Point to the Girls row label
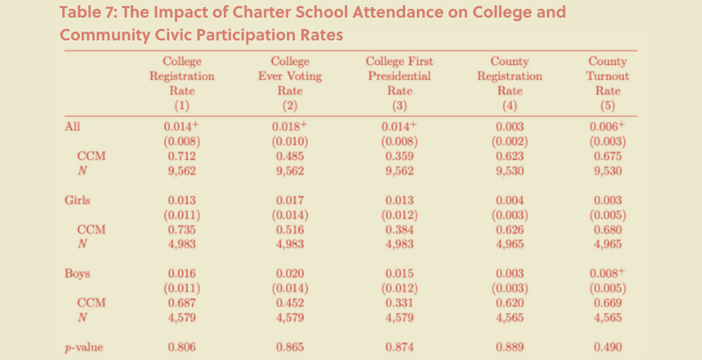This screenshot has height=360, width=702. pos(77,200)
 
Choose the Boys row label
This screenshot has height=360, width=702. pos(77,273)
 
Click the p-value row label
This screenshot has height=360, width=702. pos(83,348)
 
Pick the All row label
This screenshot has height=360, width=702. pos(72,126)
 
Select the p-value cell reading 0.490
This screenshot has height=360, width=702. pos(607,347)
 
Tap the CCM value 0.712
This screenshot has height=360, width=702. pos(182,156)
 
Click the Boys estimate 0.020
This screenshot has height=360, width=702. pos(290,273)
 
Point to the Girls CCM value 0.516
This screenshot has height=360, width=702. pos(290,230)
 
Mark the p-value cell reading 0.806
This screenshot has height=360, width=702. pos(182,347)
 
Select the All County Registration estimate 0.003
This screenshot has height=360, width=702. pos(510,126)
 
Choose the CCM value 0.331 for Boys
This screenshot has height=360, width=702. pos(399,303)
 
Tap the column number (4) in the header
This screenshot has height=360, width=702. pos(510,105)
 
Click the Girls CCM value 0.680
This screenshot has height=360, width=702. pos(607,230)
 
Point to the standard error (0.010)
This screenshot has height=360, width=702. pos(290,141)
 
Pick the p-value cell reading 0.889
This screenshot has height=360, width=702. pos(510,347)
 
